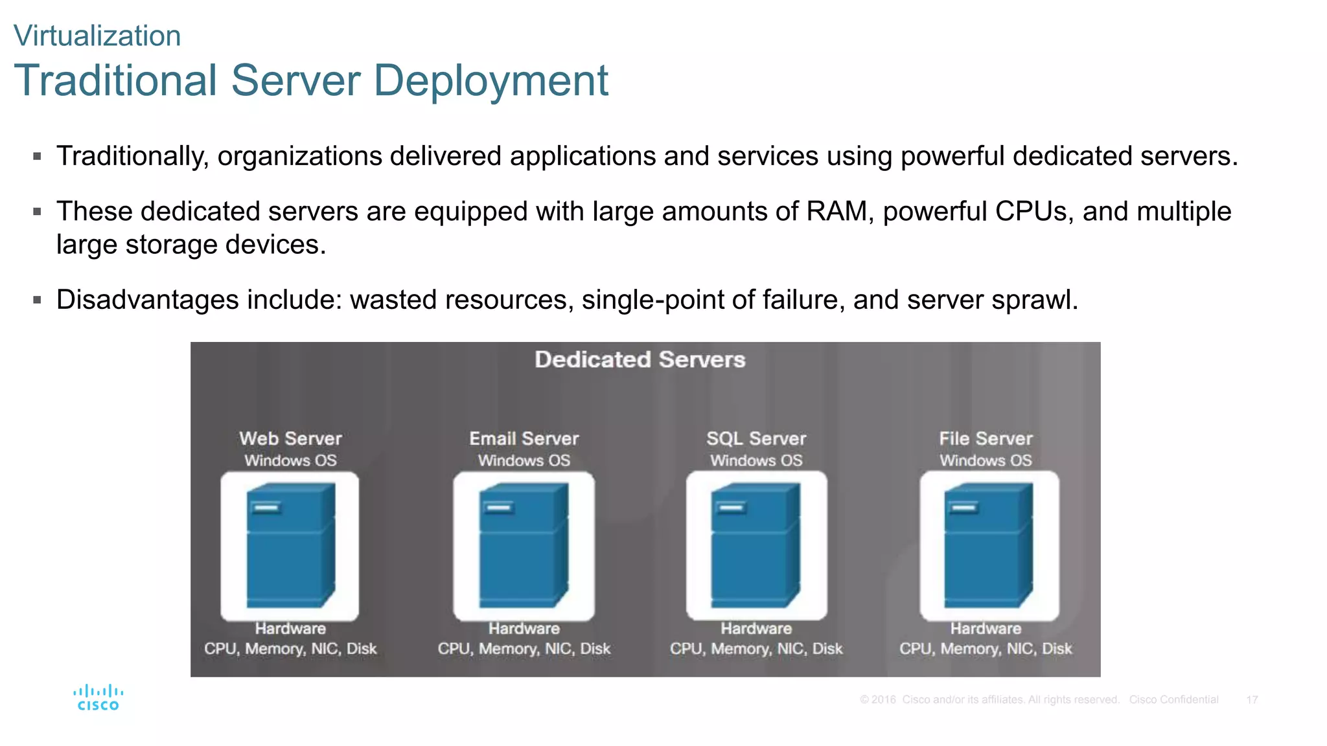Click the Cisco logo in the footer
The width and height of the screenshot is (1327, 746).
98,697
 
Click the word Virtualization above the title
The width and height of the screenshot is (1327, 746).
97,36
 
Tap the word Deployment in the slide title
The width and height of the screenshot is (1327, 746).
490,81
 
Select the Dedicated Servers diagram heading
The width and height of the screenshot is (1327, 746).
640,359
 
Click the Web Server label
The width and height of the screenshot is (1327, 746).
290,438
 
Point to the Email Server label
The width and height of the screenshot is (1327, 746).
524,438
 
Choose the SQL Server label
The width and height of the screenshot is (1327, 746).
756,438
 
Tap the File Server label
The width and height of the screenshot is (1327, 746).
986,438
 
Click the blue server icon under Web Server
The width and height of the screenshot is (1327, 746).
290,545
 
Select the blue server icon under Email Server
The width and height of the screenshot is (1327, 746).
524,545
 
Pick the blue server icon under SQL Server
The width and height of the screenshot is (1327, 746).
756,545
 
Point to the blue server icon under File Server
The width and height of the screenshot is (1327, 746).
988,545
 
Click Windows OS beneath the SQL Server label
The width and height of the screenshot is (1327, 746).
756,460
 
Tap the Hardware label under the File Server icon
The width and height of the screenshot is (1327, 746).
986,628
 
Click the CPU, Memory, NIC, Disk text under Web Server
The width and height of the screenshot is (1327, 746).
290,648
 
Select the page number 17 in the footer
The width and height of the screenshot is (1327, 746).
1252,699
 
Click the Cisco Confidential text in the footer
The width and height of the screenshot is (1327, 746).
1173,699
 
